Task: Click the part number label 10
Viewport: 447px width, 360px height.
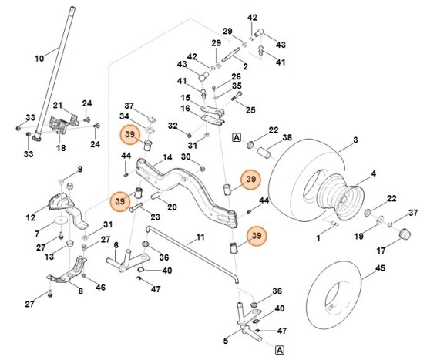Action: [39, 58]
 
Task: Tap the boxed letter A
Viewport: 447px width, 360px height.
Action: [236, 136]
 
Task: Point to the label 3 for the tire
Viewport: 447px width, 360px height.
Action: [355, 141]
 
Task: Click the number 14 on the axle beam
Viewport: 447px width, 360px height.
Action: [167, 157]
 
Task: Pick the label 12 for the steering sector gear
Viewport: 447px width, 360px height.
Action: [30, 218]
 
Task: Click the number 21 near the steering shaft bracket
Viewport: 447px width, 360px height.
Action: [58, 106]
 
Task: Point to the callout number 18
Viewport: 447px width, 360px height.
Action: [60, 147]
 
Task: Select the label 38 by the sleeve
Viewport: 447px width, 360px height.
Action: [287, 138]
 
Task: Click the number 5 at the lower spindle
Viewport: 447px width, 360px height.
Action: [226, 340]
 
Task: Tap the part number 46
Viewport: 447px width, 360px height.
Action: [100, 288]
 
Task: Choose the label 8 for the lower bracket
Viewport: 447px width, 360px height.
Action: [80, 291]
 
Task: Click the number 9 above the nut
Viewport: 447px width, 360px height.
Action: [79, 169]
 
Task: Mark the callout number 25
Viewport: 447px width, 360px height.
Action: [250, 111]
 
